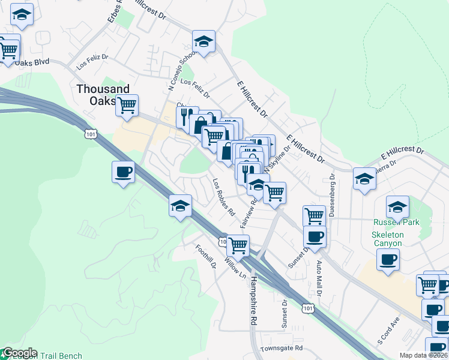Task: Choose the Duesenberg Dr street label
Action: point(332,197)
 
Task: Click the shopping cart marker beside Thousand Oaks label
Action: point(127,105)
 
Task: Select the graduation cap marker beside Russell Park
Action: point(397,206)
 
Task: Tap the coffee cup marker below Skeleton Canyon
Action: point(388,260)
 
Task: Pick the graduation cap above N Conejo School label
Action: point(203,41)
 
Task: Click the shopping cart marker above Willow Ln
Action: point(238,244)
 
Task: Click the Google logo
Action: point(19,353)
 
